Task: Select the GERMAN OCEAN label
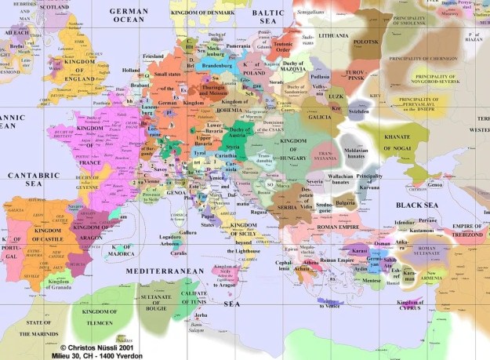tap(129, 16)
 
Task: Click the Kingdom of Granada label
tap(58, 284)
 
